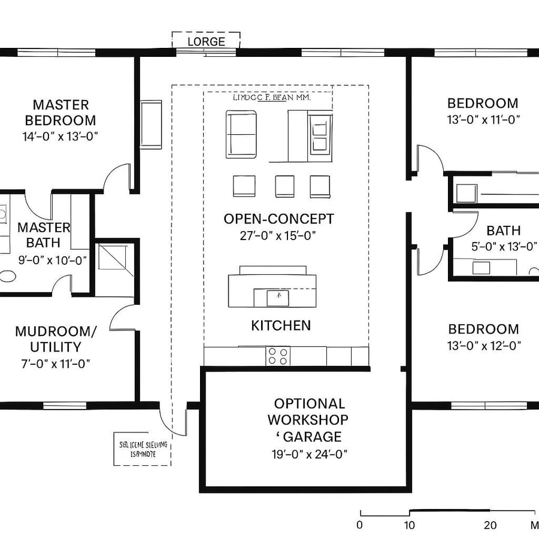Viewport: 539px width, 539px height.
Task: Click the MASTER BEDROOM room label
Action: click(60, 112)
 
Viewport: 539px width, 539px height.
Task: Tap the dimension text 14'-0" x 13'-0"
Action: click(60, 136)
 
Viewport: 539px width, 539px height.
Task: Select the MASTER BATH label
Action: click(43, 235)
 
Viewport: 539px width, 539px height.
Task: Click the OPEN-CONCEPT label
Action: click(278, 219)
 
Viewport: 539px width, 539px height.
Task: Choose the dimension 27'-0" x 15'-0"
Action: click(278, 235)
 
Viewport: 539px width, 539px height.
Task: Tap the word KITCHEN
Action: click(281, 325)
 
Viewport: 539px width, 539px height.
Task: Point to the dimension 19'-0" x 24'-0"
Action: click(309, 453)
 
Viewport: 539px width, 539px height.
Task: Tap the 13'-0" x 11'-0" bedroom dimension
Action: click(483, 119)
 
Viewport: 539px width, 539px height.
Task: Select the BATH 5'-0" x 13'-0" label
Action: click(503, 238)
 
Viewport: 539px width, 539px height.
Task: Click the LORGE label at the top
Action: click(206, 41)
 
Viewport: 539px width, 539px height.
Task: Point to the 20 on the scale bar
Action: click(490, 525)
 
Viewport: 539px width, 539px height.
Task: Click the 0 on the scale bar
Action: click(359, 525)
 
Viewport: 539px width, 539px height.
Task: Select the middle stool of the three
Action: click(284, 186)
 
